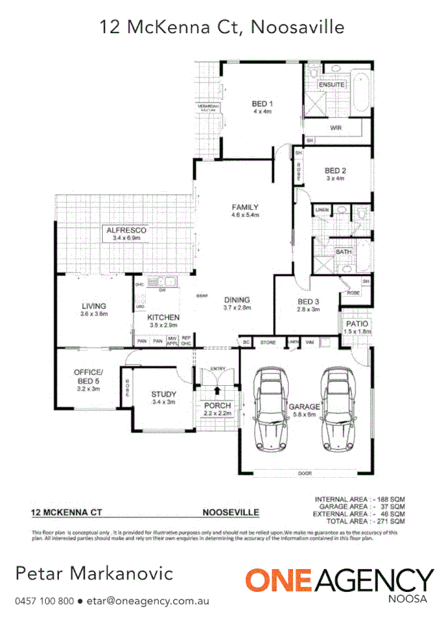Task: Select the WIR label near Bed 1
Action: point(335,128)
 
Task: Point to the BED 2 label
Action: point(335,170)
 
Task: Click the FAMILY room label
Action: point(244,208)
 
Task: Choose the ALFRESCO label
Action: point(126,231)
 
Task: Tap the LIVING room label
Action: point(93,306)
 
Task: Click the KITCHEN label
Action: point(163,317)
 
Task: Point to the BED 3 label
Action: point(308,301)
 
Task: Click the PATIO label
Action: point(353,325)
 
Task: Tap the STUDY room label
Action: point(163,394)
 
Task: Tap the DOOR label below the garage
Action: point(306,473)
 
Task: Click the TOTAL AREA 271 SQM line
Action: point(360,521)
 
